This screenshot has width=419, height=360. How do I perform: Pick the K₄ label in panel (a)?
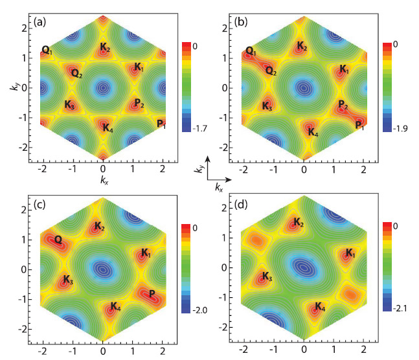tap(108, 128)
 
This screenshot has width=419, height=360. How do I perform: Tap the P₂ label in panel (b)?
tap(343, 104)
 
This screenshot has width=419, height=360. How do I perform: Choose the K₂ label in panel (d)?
tap(298, 223)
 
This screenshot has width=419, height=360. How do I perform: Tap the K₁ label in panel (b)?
tap(343, 69)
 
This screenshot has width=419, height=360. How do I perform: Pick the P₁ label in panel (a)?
tap(160, 124)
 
